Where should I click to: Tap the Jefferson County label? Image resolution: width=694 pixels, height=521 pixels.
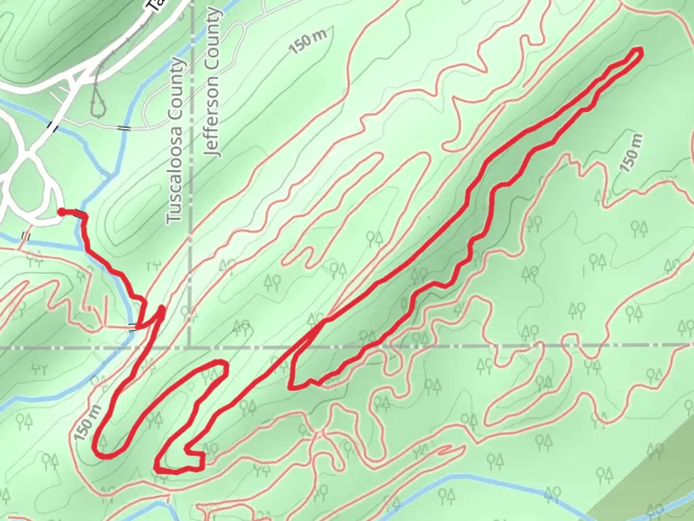[x=213, y=83]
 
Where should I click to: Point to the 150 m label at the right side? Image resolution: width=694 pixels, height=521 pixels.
[x=632, y=152]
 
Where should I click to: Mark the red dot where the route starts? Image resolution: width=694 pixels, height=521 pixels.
[x=62, y=211]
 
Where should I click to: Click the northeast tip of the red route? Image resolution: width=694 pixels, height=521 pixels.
[x=639, y=52]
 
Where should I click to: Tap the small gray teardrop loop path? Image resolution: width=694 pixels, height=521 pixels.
[x=98, y=103]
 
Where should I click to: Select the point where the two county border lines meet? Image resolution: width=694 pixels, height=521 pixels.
[x=189, y=346]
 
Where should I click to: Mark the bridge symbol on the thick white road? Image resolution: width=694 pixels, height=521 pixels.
[x=51, y=126]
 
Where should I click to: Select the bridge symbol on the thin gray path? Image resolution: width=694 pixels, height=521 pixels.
[x=124, y=128]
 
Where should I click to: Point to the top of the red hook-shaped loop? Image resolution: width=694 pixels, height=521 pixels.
[x=219, y=363]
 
